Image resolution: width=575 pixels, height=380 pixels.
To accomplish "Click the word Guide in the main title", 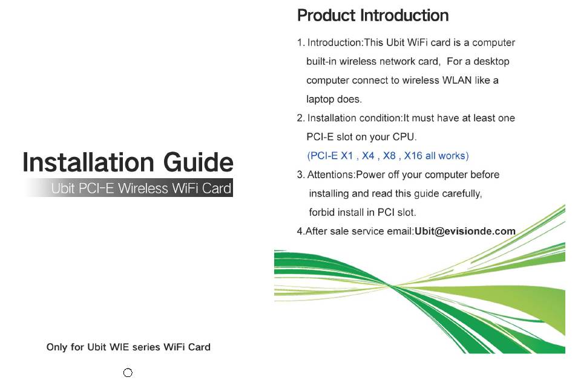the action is click(199, 162).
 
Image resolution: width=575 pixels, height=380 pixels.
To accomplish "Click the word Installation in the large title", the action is click(88, 162).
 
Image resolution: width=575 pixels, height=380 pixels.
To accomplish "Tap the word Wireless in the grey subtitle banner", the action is click(143, 188).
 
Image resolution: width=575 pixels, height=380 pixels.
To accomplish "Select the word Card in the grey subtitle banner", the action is click(217, 188).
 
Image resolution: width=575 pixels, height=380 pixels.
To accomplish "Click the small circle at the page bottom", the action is click(128, 373).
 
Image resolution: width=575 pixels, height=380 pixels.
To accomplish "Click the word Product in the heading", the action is click(326, 15).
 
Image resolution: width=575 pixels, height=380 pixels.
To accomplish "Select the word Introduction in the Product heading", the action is click(404, 15).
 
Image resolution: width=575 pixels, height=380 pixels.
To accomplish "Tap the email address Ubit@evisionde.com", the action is click(465, 231).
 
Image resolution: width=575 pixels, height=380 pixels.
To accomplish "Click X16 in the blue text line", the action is click(413, 156).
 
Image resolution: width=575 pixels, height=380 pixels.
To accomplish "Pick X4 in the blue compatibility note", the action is click(368, 156).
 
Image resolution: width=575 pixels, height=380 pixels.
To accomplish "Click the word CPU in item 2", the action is click(404, 137).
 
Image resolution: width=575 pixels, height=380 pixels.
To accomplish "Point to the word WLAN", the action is click(457, 80).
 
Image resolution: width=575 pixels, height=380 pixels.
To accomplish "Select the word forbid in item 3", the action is click(321, 212).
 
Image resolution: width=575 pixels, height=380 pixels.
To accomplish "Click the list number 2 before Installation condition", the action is click(300, 118).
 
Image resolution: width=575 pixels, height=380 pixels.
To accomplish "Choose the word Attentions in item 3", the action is click(330, 175).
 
